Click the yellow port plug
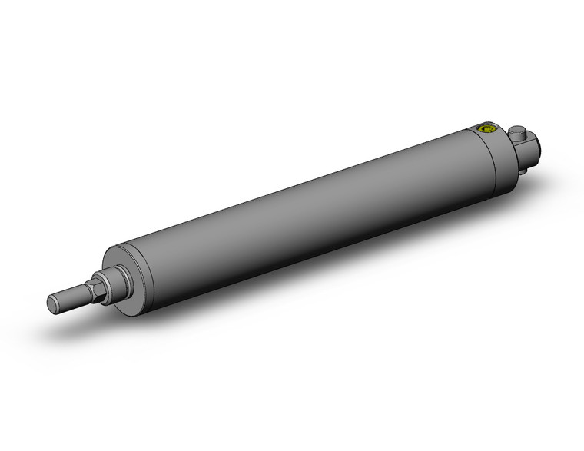[485, 129]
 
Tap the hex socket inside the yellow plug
[485, 129]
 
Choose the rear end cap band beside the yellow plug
[492, 154]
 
